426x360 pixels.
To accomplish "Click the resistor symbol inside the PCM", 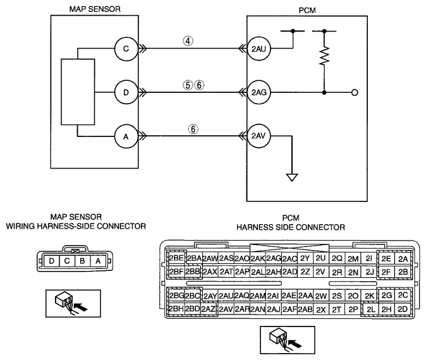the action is [324, 56].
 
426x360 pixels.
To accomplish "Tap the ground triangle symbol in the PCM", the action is [292, 177].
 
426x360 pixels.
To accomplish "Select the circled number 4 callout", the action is [188, 40].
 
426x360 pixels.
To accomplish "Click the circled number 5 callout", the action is [188, 85].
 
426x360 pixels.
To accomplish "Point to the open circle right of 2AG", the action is [355, 93].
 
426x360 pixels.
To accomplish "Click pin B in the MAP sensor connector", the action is [82, 261].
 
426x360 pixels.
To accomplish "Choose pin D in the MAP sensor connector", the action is [51, 261].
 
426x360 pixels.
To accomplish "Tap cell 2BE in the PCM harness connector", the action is [176, 258].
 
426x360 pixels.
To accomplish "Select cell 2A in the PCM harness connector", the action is [403, 259].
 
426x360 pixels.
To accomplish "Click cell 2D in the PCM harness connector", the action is [403, 309].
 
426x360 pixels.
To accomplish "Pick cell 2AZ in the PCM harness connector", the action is [209, 309].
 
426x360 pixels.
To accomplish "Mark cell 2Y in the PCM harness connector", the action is [305, 258].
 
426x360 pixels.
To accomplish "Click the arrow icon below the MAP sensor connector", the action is [73, 304].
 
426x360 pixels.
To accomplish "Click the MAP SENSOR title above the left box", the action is [95, 9].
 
